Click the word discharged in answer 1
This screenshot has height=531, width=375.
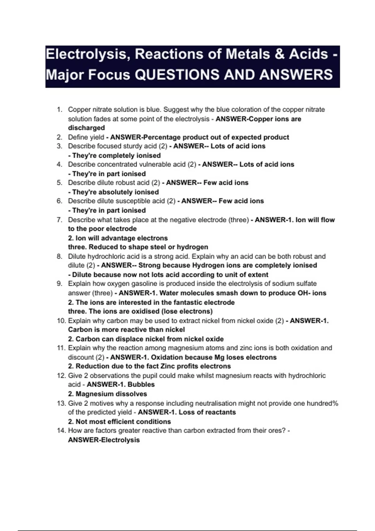86,128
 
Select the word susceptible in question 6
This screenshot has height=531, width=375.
146,201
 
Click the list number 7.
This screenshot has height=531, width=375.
60,220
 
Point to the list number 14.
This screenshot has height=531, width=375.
61,430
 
